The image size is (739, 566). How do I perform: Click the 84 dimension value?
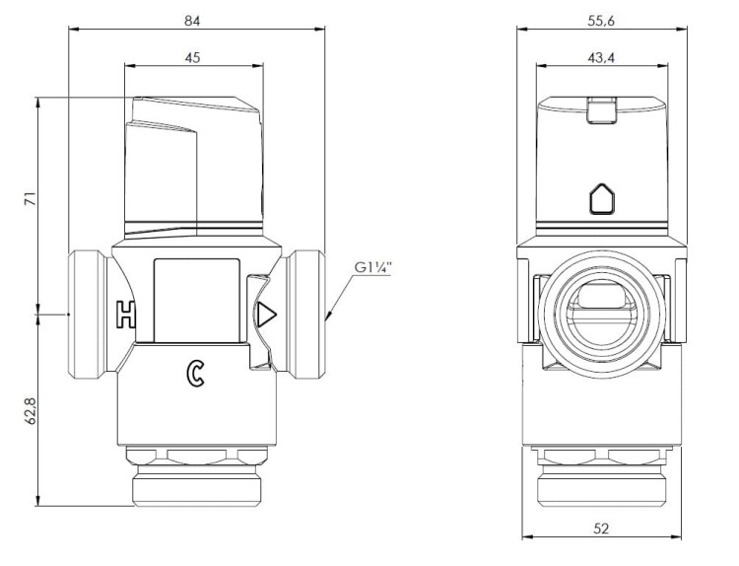tap(192, 22)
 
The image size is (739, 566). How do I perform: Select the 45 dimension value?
tap(192, 57)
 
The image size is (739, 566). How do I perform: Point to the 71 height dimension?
tap(31, 198)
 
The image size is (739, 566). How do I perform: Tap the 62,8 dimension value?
tap(31, 411)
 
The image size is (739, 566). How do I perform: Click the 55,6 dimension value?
tap(601, 22)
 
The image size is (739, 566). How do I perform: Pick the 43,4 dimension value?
tap(601, 58)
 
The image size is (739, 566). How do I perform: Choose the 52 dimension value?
tap(601, 529)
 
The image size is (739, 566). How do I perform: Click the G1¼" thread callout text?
tap(373, 268)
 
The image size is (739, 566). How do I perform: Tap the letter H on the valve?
tap(126, 315)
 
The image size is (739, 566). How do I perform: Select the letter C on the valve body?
tap(195, 374)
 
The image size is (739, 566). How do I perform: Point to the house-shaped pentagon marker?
tap(602, 198)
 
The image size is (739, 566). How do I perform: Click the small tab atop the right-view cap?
tap(602, 109)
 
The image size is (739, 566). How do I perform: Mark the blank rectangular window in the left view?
tap(196, 300)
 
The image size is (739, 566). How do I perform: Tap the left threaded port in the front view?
tap(87, 315)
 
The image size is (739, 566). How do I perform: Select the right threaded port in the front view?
tap(306, 315)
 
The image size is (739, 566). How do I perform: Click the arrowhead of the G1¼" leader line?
tap(328, 316)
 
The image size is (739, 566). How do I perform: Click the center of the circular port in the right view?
tap(602, 315)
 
